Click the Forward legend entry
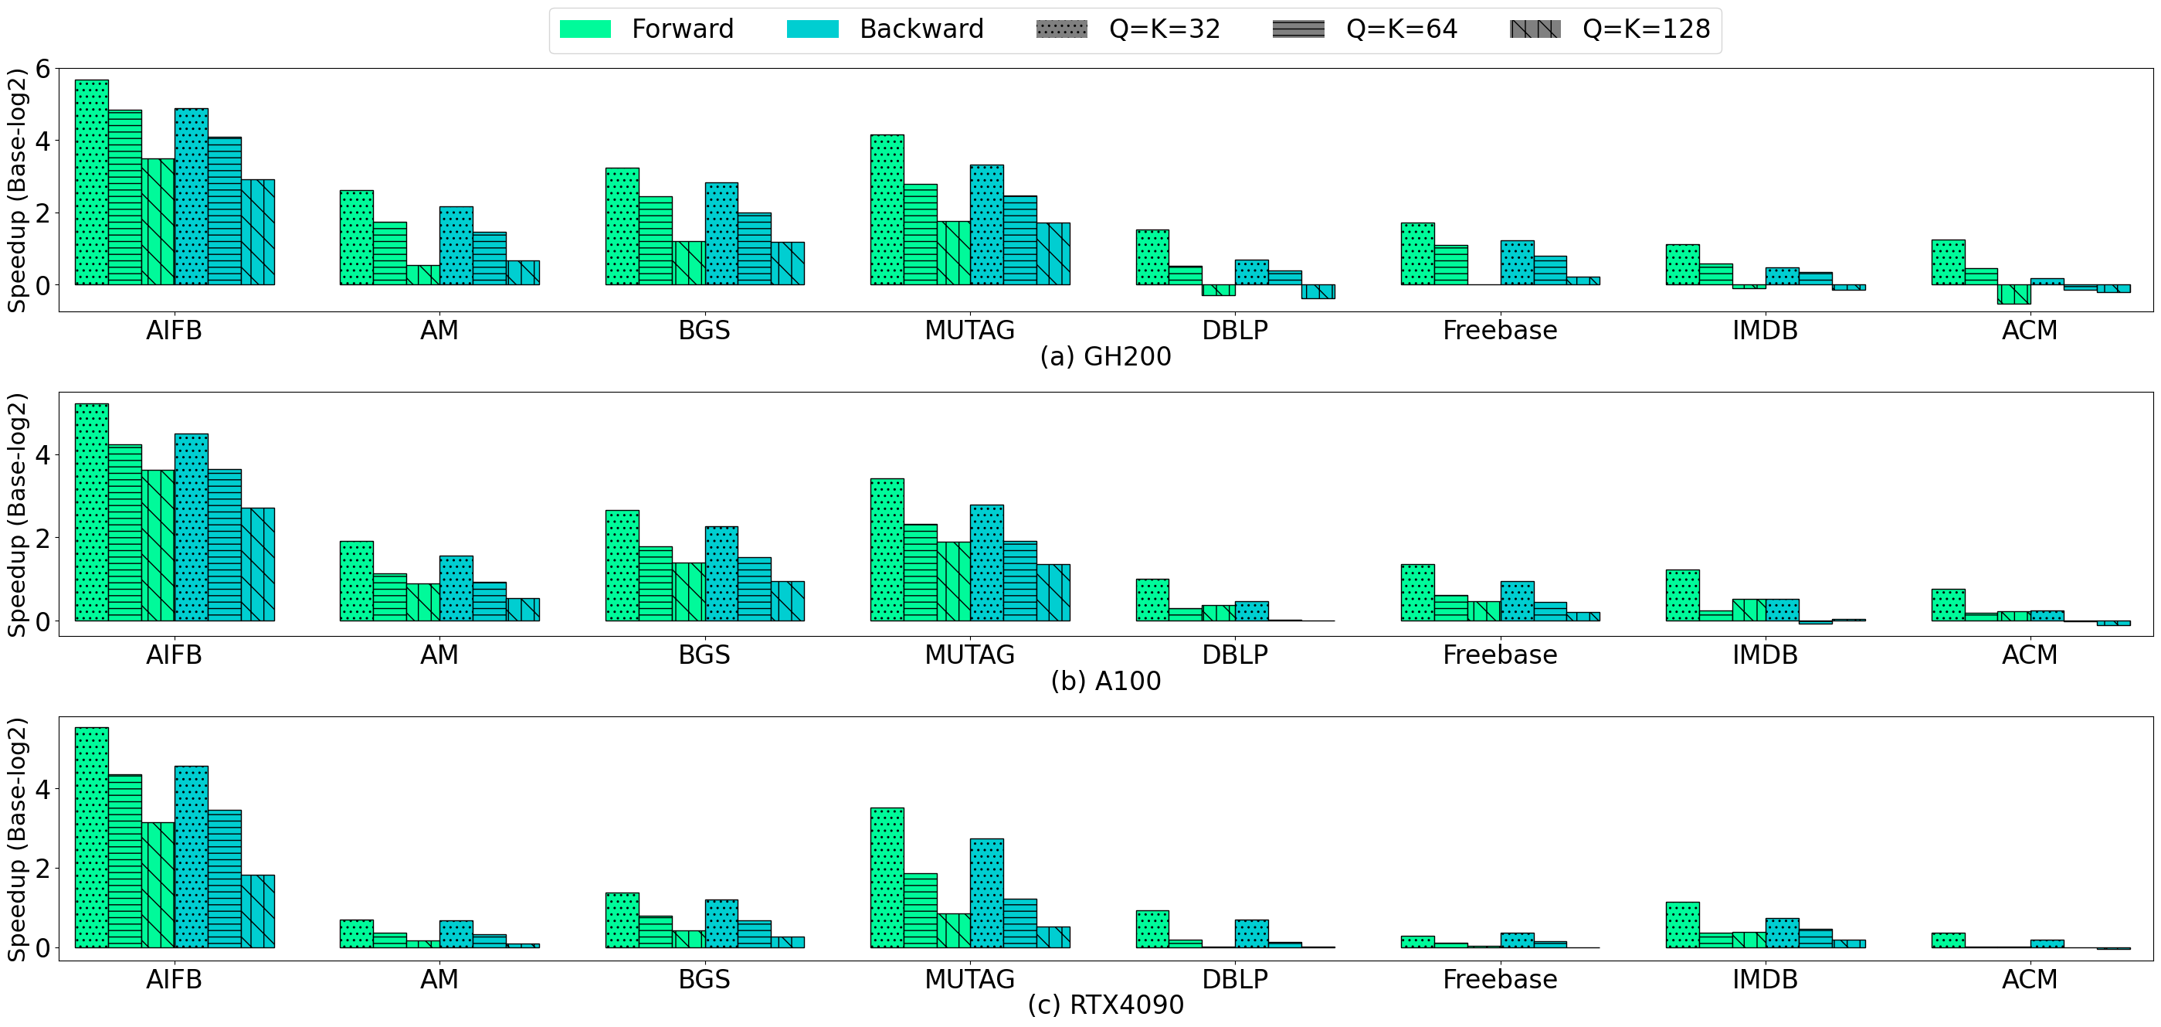[x=646, y=29]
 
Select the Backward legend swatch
[x=812, y=29]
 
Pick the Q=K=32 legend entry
[x=1128, y=29]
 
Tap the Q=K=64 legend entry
[x=1365, y=29]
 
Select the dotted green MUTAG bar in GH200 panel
[x=887, y=209]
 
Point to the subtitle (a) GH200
[x=1104, y=356]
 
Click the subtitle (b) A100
[x=1104, y=681]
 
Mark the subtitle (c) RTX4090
[x=1104, y=1005]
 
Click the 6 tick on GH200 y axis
[x=42, y=69]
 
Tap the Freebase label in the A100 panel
[x=1499, y=655]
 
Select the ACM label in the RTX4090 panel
[x=2029, y=979]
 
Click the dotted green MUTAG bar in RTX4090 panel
[x=887, y=878]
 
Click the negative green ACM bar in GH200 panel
[x=2013, y=294]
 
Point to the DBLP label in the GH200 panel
[x=1234, y=331]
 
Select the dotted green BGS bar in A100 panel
[x=622, y=566]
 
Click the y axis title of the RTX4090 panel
[x=17, y=839]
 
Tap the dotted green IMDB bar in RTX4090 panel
[x=1682, y=925]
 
